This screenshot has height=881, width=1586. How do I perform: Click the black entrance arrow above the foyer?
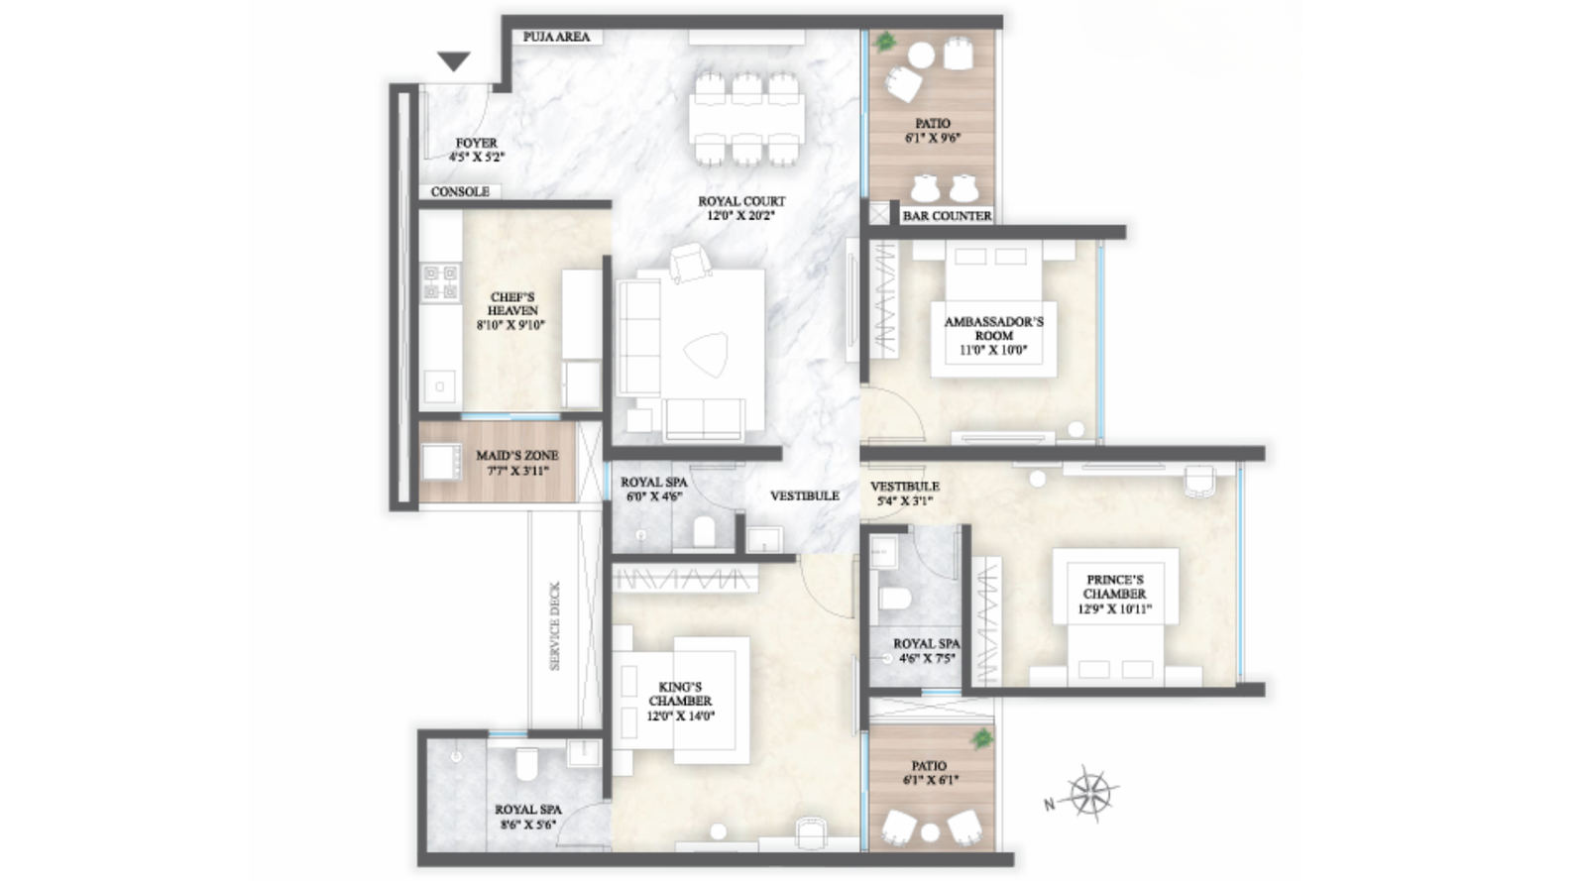click(454, 61)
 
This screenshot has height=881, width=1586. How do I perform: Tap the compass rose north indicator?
click(1089, 793)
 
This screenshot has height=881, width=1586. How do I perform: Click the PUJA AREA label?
click(556, 37)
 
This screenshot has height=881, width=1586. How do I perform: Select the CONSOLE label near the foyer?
click(460, 191)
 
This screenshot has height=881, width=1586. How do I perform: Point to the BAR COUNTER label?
click(947, 215)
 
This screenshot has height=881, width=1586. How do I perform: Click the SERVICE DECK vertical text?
click(554, 625)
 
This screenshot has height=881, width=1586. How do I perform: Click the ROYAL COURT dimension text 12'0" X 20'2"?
click(741, 215)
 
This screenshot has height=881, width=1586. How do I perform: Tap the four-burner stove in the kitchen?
click(441, 281)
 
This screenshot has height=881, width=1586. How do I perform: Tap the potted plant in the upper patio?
click(884, 42)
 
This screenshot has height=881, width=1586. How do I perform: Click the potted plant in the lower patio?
click(981, 738)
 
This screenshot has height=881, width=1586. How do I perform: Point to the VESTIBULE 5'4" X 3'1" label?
click(904, 494)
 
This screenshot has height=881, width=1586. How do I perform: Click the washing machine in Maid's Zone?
click(441, 461)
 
